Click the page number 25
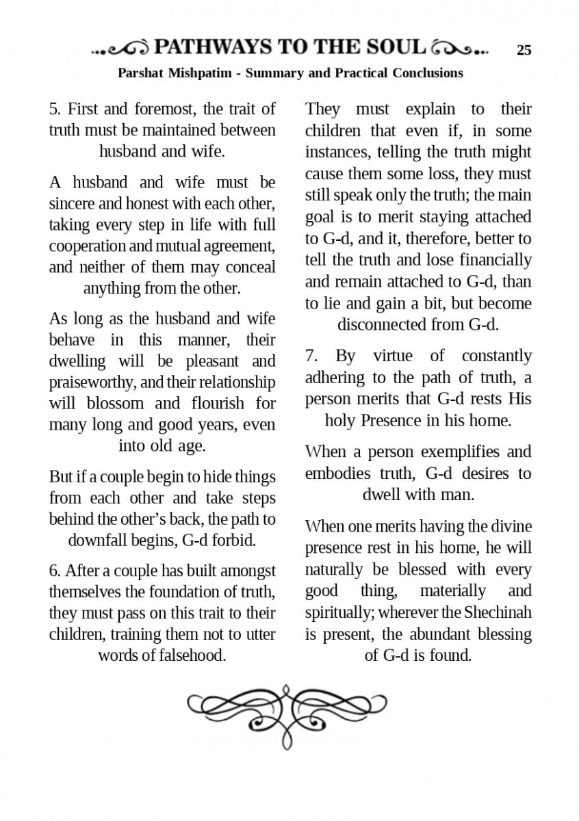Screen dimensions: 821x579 pyautogui.click(x=524, y=50)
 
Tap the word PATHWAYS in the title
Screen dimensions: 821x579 pyautogui.click(x=213, y=47)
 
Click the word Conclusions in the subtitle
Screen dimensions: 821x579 pyautogui.click(x=428, y=73)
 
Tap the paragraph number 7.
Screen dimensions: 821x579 pyautogui.click(x=311, y=356)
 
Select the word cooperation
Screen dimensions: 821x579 pyautogui.click(x=88, y=246)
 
